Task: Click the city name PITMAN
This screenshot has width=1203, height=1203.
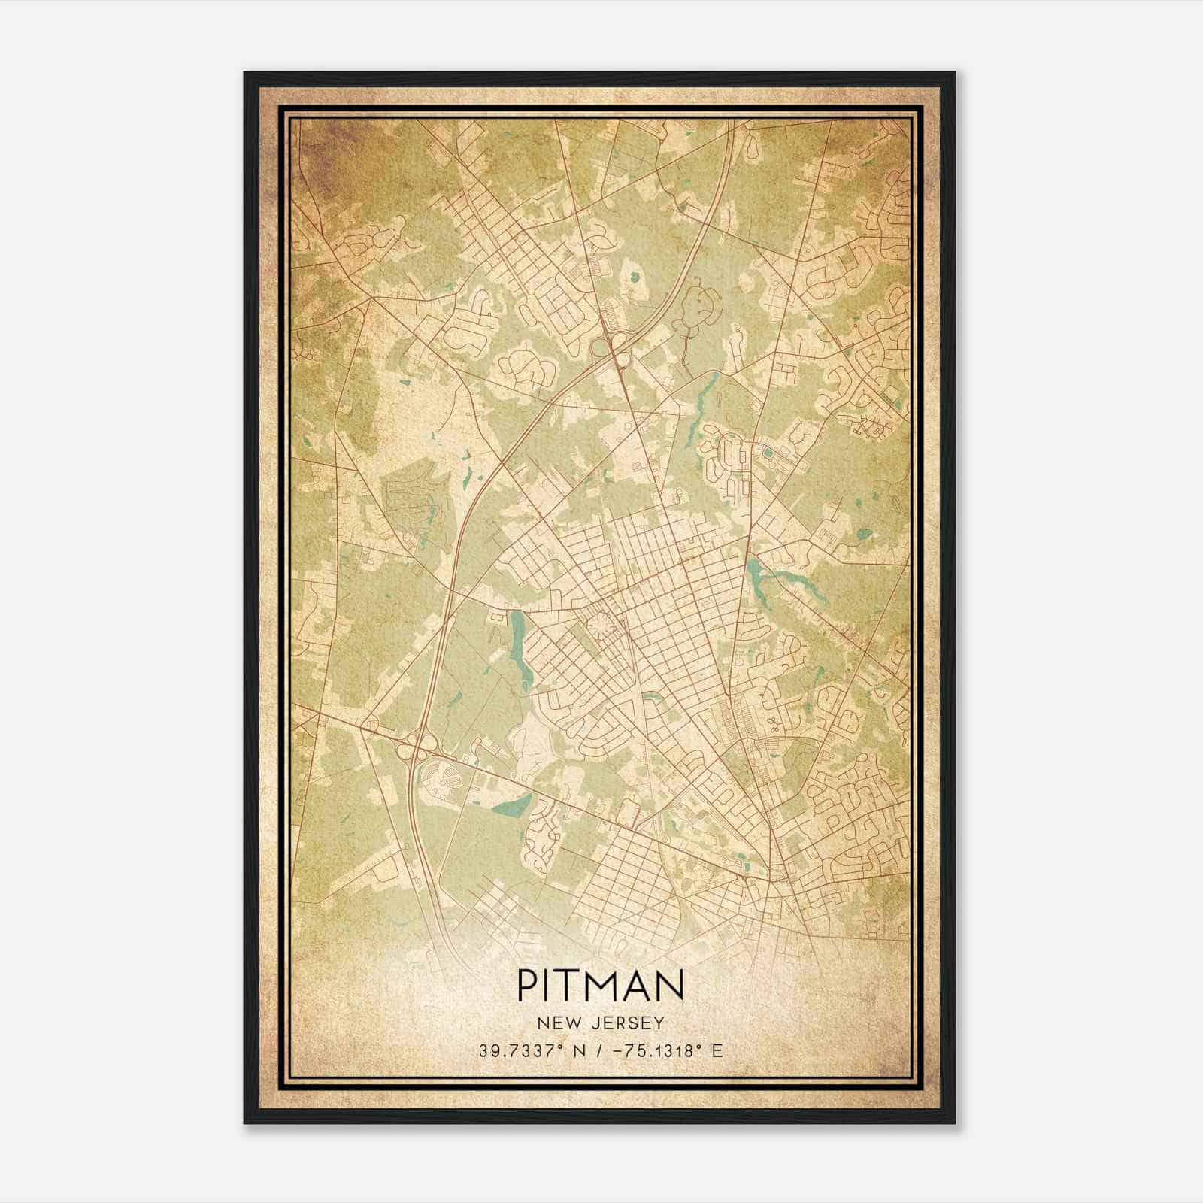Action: (601, 985)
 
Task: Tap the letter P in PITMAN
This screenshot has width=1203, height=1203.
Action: (526, 985)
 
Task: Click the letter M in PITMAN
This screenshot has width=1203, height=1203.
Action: (607, 985)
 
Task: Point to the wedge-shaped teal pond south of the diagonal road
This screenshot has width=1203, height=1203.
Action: (511, 807)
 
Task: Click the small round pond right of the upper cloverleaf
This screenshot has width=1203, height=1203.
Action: (634, 277)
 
